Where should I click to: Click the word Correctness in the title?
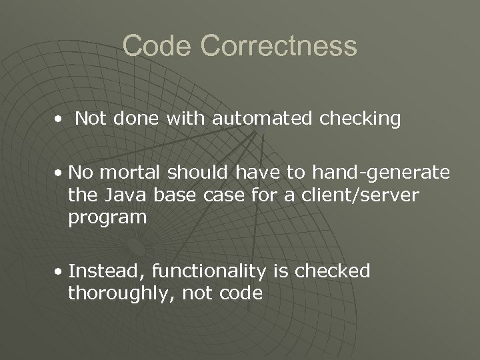[x=278, y=47]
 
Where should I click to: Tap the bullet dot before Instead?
[x=60, y=272]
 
